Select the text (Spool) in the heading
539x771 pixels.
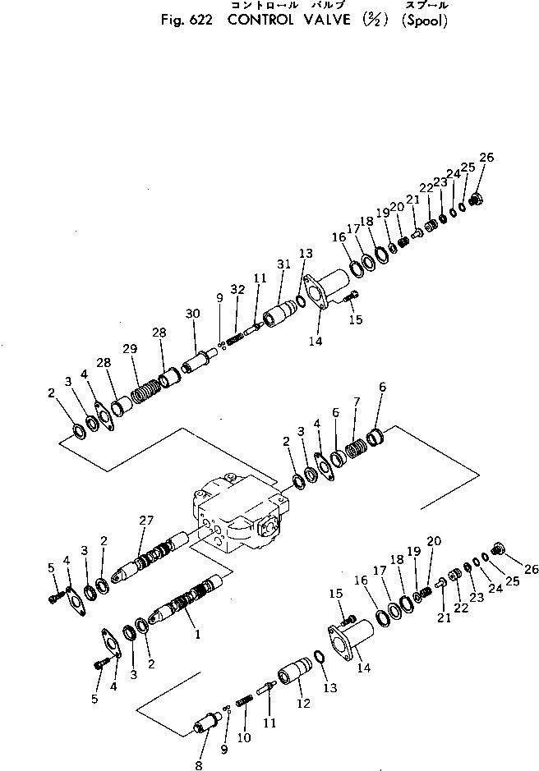424,21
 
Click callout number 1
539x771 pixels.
196,635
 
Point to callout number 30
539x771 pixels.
192,314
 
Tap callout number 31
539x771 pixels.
284,264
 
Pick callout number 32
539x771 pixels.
237,290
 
